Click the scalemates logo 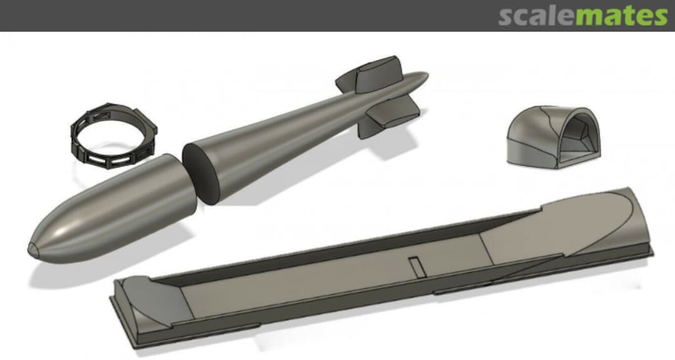583,16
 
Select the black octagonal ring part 113,134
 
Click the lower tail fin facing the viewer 394,113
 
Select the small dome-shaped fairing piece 554,137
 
